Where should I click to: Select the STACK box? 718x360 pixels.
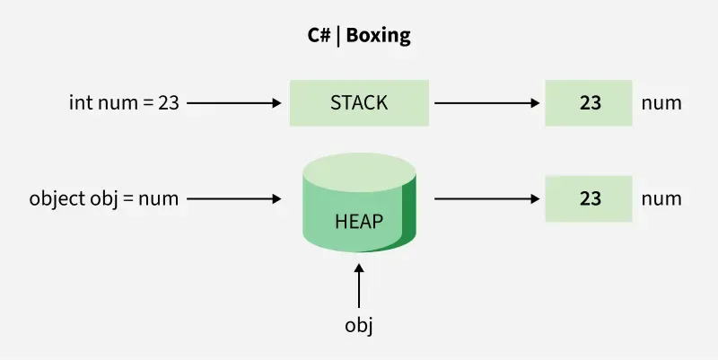(359, 102)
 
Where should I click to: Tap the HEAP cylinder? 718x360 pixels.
(359, 202)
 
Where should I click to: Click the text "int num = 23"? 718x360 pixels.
(124, 102)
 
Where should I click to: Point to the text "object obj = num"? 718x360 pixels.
(104, 198)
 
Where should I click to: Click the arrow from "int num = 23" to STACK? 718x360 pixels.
(233, 102)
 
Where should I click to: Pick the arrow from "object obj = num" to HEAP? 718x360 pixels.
(233, 198)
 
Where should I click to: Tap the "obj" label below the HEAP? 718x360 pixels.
(359, 324)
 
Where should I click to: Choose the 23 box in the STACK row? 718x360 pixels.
(590, 102)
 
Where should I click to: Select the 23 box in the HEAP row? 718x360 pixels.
(590, 198)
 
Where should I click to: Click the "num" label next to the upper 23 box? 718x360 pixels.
(661, 102)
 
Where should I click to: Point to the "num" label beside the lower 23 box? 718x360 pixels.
(661, 198)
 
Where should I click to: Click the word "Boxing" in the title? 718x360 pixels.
(379, 37)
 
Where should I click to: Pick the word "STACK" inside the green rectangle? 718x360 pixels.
(359, 102)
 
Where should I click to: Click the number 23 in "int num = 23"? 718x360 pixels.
(168, 102)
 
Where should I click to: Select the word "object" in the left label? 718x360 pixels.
(53, 198)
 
